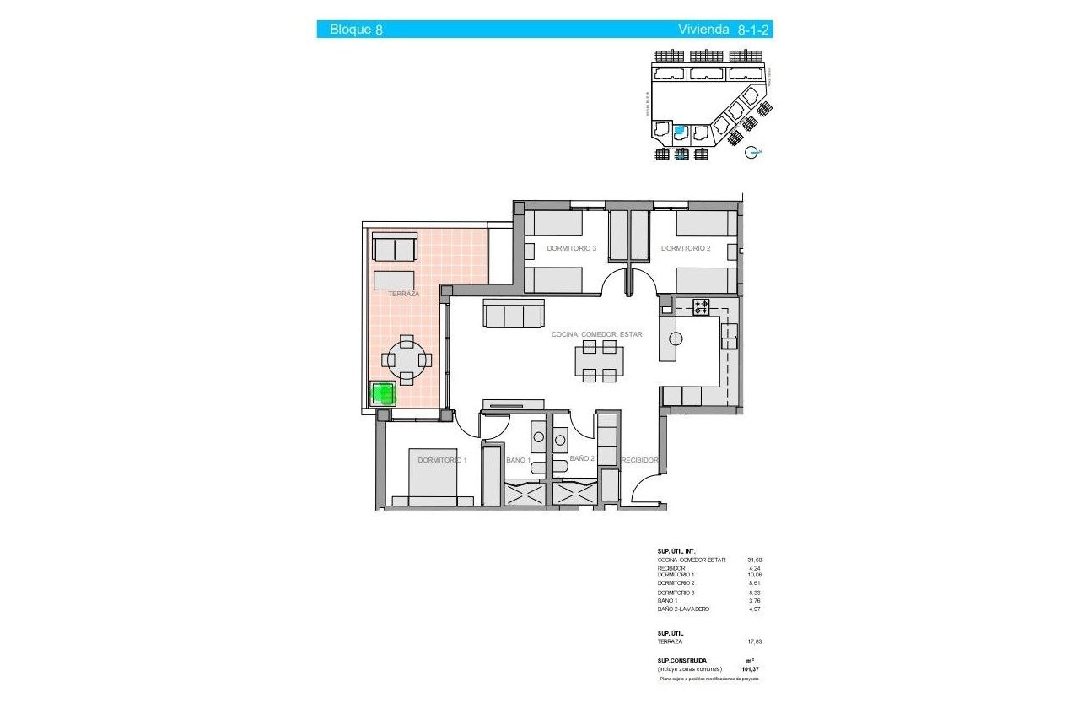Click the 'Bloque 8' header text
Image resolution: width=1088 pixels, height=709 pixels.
pos(356,30)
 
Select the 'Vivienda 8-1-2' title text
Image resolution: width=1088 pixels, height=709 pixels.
pos(724,30)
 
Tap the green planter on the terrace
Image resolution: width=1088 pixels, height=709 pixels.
pos(384,394)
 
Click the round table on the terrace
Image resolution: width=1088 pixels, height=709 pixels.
pos(407,360)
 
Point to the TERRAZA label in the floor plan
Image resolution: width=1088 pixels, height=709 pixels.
pos(404,295)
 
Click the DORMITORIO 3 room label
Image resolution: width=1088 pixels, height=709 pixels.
pos(571,249)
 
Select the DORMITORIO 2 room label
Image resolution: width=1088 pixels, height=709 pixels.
pos(685,249)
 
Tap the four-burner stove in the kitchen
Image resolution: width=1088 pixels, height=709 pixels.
pos(701,307)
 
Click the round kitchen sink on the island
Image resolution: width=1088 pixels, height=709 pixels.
pos(675,338)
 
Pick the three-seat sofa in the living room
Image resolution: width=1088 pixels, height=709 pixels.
pos(512,315)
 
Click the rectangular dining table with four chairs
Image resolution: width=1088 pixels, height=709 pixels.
pos(600,361)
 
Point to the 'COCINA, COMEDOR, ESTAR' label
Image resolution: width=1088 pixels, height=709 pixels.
pos(596,335)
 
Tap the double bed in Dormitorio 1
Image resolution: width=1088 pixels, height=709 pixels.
pos(434,479)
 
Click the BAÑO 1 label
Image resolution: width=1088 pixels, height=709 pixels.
pos(518,460)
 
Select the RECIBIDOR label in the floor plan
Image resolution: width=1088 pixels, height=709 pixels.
pos(639,461)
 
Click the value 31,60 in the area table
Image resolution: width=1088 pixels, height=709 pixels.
pos(754,560)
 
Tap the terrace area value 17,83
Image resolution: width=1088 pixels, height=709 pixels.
pos(754,641)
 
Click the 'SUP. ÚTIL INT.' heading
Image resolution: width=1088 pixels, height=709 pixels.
pos(676,550)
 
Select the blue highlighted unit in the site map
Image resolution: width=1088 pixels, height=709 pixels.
pos(681,132)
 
